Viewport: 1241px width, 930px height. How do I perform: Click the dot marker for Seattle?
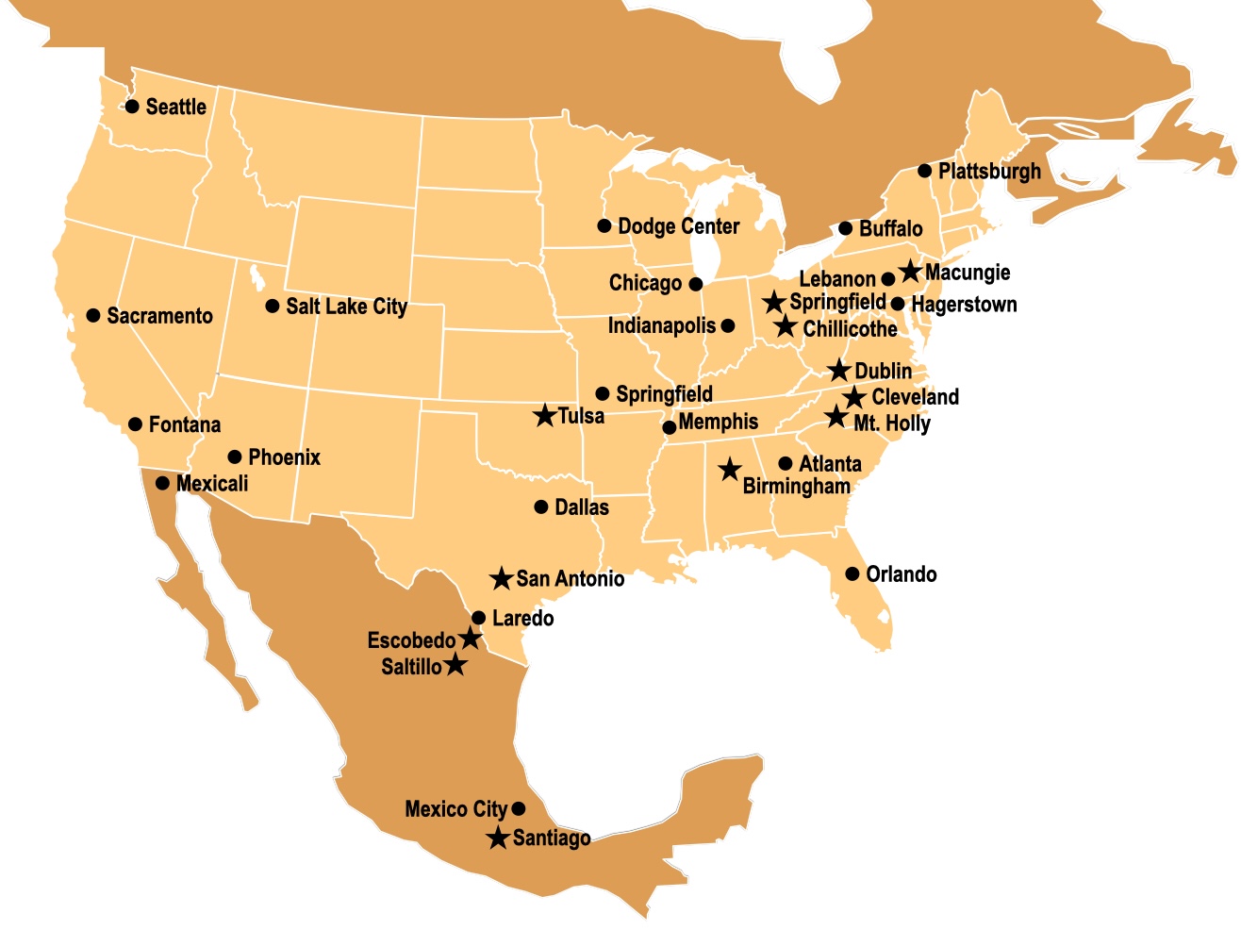132,107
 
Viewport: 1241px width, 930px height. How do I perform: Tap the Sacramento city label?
159,316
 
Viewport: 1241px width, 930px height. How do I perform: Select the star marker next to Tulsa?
544,415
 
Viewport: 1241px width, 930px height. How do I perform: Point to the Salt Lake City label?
346,307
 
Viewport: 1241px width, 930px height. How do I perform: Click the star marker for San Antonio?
502,578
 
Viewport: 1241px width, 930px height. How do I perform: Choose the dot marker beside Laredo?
478,619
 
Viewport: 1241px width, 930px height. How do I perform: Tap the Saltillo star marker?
455,665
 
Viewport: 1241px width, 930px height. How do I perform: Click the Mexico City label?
455,809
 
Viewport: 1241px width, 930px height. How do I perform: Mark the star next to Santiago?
498,838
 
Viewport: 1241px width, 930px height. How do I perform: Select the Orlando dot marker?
852,574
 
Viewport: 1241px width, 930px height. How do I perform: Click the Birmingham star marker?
729,469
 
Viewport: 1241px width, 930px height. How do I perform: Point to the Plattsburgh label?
989,172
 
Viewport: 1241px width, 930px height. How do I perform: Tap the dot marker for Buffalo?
846,229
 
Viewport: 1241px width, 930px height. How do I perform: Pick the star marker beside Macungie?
910,272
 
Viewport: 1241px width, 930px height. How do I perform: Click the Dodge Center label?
678,226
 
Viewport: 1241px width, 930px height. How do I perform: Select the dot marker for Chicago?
696,284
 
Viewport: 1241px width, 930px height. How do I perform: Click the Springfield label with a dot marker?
664,394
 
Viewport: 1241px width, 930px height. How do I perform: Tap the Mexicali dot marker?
162,484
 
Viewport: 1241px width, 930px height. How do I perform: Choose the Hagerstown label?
964,305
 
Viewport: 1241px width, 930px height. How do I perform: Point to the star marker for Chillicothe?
786,327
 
